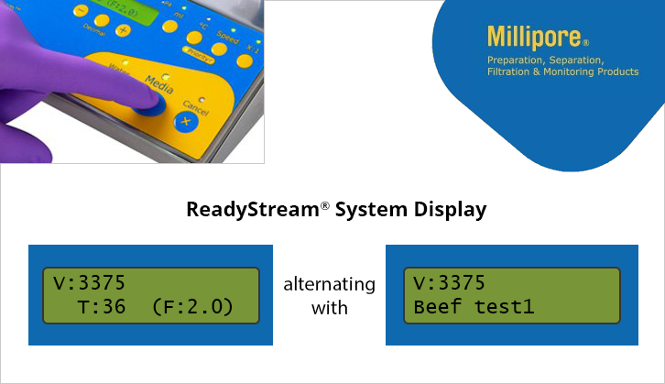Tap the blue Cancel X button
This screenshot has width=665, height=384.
point(187,121)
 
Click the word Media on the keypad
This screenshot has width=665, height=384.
point(159,83)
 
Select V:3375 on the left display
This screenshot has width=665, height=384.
point(84,282)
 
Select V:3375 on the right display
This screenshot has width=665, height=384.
point(449,282)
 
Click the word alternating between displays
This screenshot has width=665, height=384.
point(330,284)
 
